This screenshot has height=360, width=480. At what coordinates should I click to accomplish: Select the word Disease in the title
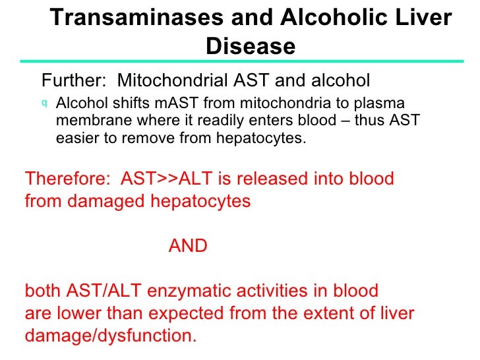point(251,46)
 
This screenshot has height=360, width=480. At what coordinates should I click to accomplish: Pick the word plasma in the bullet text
point(380,104)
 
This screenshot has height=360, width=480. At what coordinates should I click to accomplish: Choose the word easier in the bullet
point(76,138)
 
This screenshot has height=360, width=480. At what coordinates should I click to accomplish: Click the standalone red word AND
point(188,247)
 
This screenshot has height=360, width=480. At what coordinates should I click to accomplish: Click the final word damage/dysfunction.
point(111,336)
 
